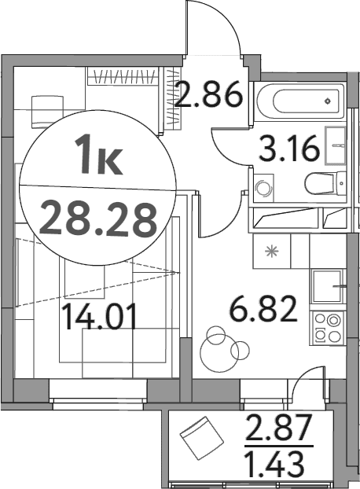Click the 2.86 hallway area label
tap(209, 94)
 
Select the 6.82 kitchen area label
tap(263, 309)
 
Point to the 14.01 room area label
tap(100, 317)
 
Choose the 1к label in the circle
tap(98, 156)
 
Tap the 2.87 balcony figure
tap(278, 426)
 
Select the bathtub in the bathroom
tap(301, 101)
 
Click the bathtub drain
tap(328, 101)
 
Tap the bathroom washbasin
tap(335, 145)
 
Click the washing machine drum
tap(263, 189)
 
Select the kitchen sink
tap(327, 286)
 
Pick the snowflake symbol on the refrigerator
tap(271, 252)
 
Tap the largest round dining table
tap(219, 353)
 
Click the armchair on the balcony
tap(202, 438)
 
